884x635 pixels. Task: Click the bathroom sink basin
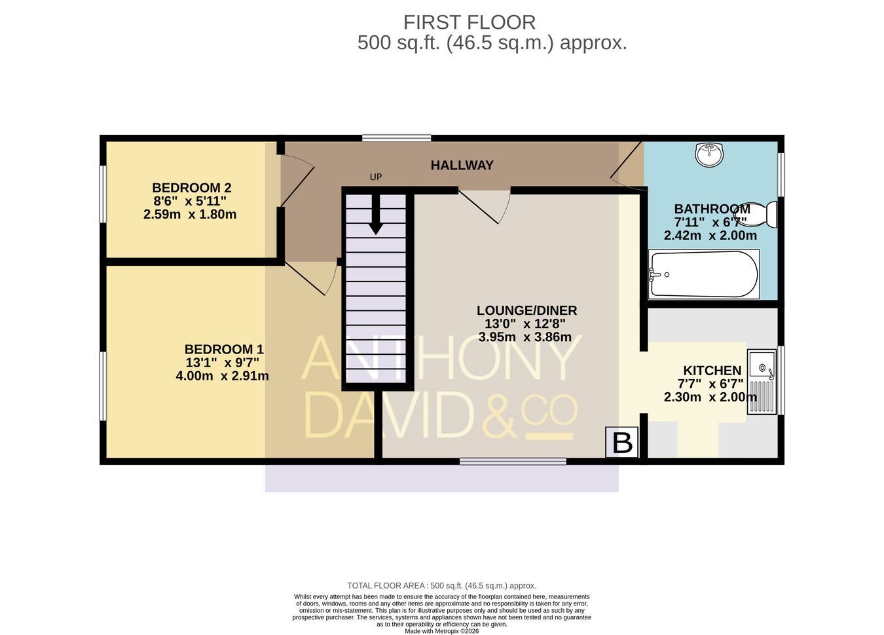click(x=709, y=154)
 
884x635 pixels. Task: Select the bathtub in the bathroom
click(x=704, y=274)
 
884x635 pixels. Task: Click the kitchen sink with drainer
click(x=762, y=382)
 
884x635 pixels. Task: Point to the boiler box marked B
click(x=622, y=442)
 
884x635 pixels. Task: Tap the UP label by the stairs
click(x=376, y=177)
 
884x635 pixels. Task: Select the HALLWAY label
click(x=462, y=166)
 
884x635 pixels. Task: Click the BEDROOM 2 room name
click(x=192, y=187)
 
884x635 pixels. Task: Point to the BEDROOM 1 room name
click(x=224, y=350)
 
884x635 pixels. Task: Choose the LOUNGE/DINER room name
click(x=527, y=310)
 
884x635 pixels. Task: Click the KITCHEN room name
click(x=712, y=371)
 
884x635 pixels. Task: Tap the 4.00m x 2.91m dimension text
click(x=222, y=376)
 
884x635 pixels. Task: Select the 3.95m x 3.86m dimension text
click(x=525, y=337)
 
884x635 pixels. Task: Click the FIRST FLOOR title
click(x=470, y=22)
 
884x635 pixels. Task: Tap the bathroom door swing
click(x=627, y=166)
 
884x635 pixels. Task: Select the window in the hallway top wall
click(x=397, y=138)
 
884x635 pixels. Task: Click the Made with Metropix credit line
click(x=442, y=631)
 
